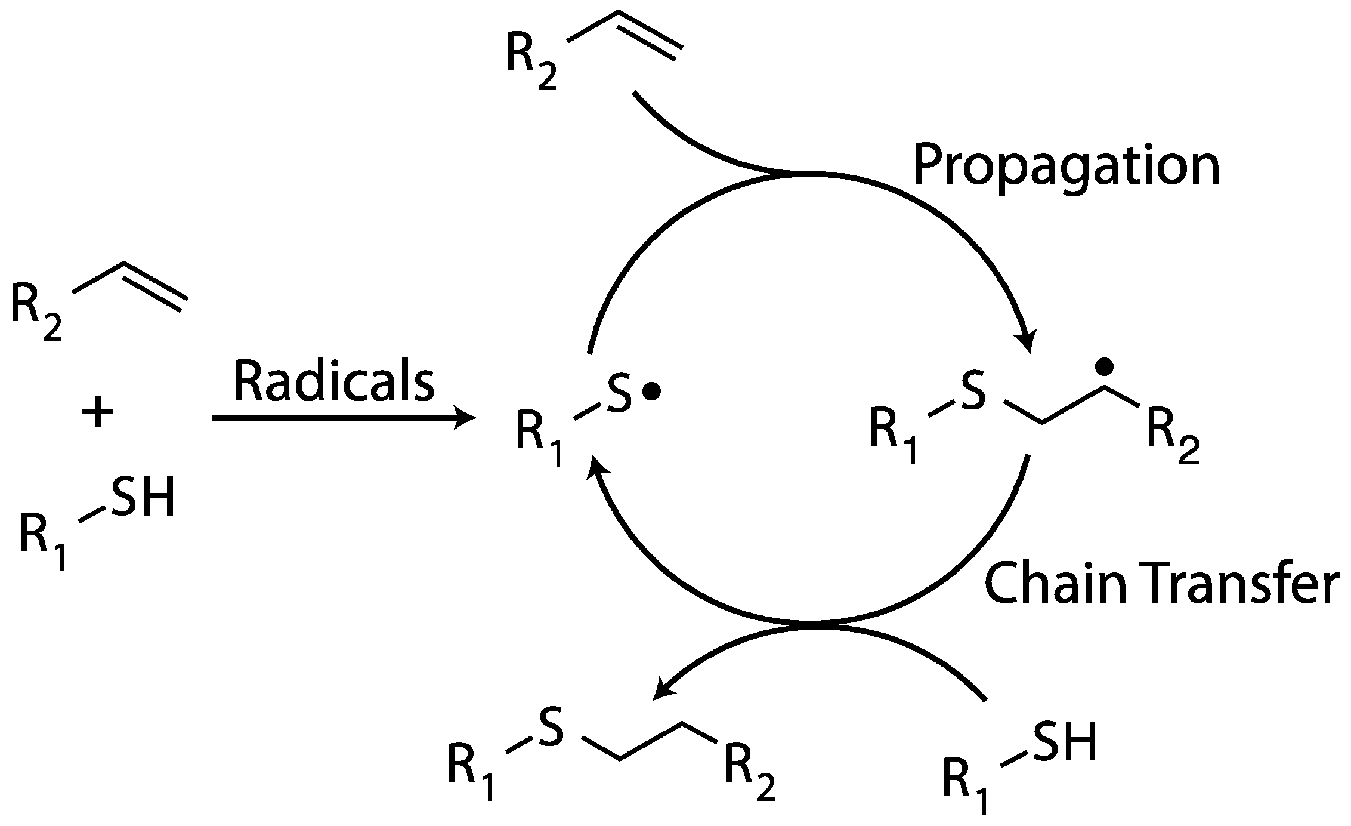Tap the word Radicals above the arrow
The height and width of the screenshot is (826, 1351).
[333, 382]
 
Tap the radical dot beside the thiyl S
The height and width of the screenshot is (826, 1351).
[651, 392]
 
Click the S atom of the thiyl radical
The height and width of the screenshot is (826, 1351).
[619, 393]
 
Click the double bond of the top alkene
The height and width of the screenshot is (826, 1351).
[650, 37]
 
